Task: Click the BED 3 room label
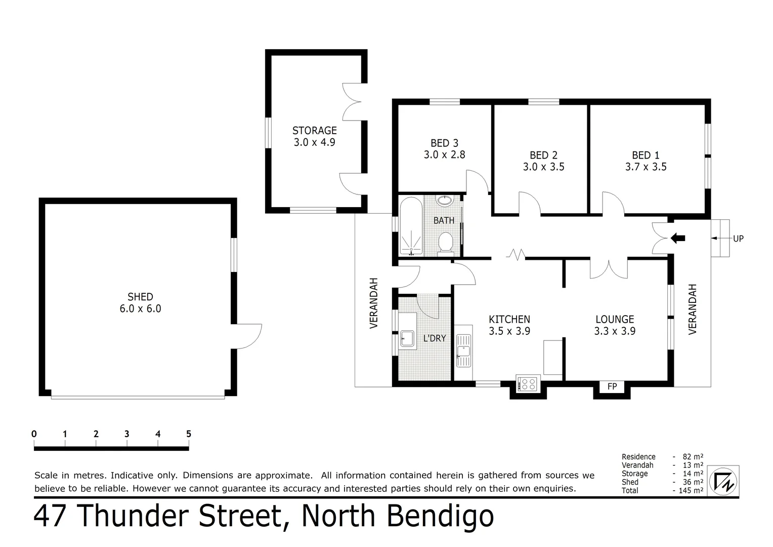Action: tap(444, 143)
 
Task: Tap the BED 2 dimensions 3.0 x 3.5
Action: tap(543, 167)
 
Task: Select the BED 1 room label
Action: tap(646, 155)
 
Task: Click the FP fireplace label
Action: tap(612, 387)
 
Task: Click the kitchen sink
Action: tap(463, 350)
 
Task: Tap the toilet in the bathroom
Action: tap(446, 241)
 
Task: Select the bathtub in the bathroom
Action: tap(411, 226)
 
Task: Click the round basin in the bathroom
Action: tap(445, 201)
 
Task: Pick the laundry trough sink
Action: tap(407, 338)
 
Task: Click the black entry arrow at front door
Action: tap(677, 238)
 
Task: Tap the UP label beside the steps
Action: tap(738, 239)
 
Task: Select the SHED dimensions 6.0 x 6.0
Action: tap(140, 308)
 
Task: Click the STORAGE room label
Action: tap(314, 131)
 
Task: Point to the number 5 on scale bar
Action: tap(189, 434)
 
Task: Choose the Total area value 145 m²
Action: tap(690, 490)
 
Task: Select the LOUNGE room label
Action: tap(615, 319)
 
